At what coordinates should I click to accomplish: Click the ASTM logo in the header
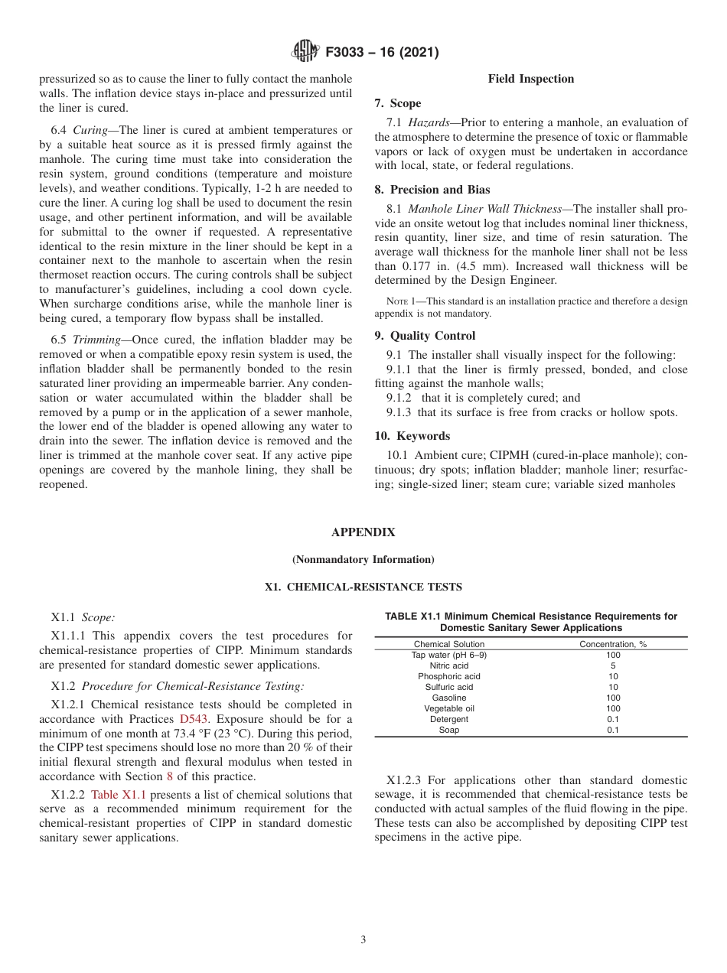click(306, 52)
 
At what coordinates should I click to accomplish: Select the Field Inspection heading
click(530, 79)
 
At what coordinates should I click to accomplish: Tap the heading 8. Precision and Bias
click(432, 190)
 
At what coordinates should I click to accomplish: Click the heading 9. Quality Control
click(425, 336)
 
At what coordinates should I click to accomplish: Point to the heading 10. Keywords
click(412, 436)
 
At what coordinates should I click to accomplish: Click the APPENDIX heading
click(363, 532)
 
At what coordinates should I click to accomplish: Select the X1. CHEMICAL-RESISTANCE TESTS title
click(363, 587)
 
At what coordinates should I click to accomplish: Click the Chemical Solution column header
click(449, 644)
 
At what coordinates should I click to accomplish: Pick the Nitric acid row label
click(449, 665)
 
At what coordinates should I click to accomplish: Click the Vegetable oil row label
click(449, 708)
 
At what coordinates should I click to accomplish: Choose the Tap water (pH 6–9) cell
click(449, 655)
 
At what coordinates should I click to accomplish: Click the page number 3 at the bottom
click(363, 940)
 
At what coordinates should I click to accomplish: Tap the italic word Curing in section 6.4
click(90, 130)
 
